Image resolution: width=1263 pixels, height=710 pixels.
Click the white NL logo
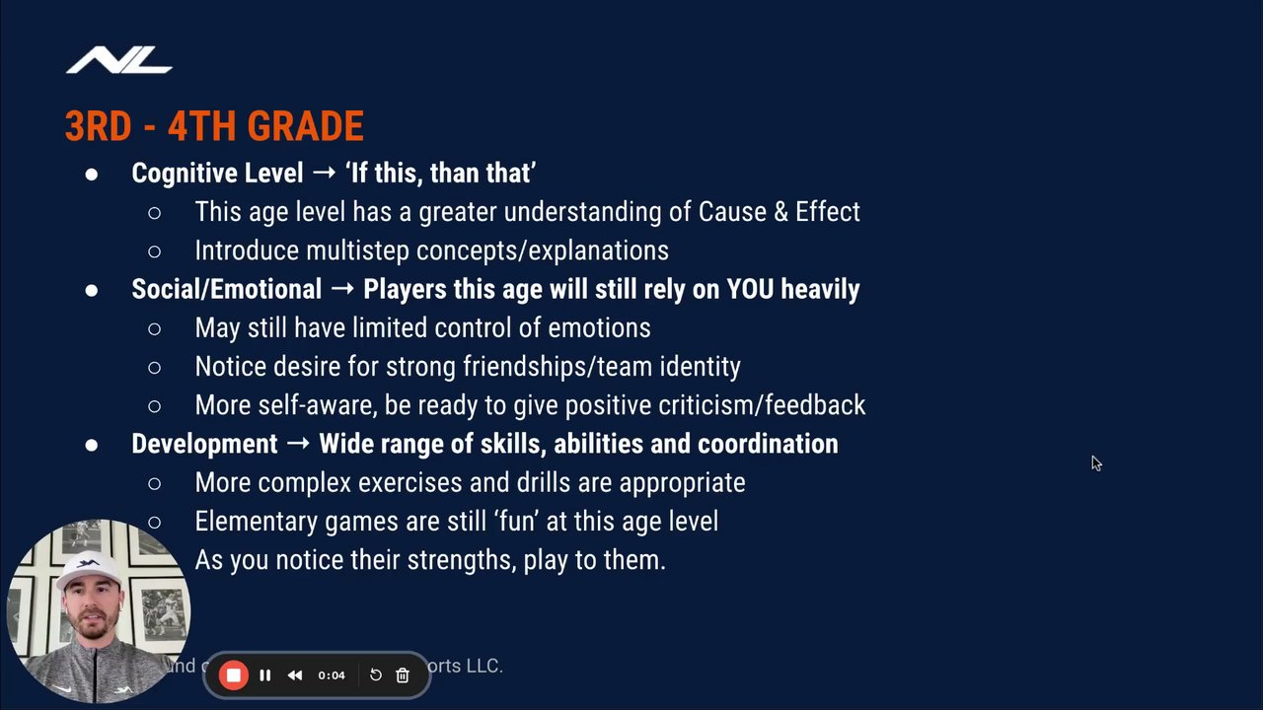(x=119, y=60)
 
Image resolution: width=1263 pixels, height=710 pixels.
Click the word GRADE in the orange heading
(x=305, y=125)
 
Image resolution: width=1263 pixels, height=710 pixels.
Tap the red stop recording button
(x=234, y=675)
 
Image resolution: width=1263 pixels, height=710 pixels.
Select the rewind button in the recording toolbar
(x=295, y=675)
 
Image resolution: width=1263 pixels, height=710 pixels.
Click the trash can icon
(x=402, y=675)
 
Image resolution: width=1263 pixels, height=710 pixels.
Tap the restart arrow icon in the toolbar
(x=376, y=675)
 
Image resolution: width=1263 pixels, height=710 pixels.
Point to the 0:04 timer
(x=332, y=675)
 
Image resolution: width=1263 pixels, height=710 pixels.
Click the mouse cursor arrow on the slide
(x=1096, y=463)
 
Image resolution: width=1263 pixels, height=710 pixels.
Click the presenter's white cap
(x=89, y=568)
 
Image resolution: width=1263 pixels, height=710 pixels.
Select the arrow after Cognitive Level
(x=325, y=172)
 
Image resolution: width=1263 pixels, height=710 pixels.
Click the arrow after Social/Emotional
(x=342, y=289)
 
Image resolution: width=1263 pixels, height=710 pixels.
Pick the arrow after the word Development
(x=298, y=443)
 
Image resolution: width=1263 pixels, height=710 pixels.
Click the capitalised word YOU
(x=750, y=289)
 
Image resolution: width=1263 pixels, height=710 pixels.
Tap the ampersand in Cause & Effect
(x=780, y=212)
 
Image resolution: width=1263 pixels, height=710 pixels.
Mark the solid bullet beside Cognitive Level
(x=92, y=174)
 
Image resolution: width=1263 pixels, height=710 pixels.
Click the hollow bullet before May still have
(x=154, y=328)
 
